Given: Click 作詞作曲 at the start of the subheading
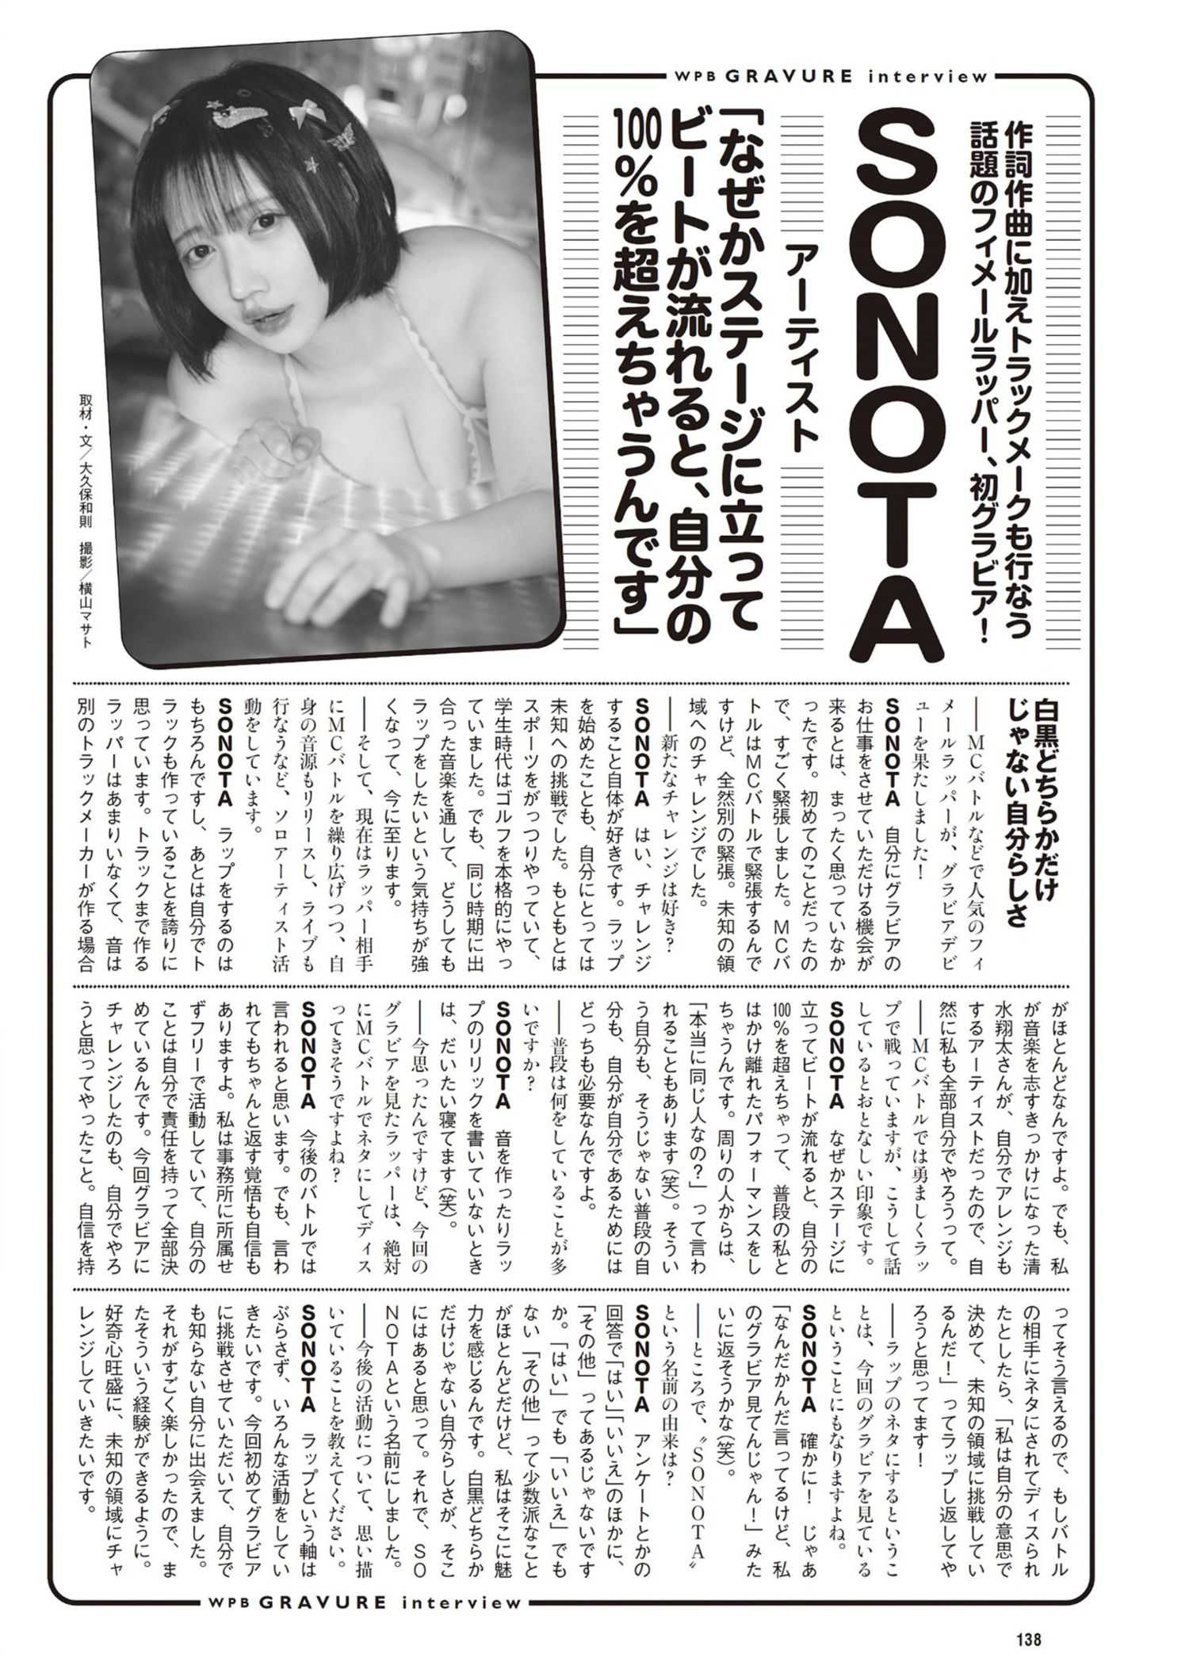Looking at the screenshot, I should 1020,184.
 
